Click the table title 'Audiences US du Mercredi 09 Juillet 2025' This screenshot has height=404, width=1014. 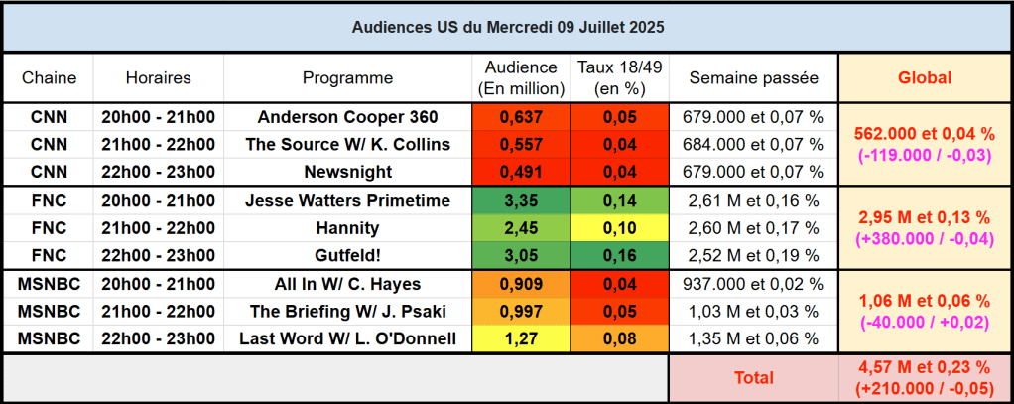tap(508, 27)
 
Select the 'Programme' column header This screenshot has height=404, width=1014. tap(347, 77)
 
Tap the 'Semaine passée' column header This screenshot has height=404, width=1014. tap(753, 77)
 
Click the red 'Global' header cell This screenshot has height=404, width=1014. tap(924, 77)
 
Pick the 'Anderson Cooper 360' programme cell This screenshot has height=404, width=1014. tap(347, 116)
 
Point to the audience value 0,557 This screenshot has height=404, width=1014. tap(521, 144)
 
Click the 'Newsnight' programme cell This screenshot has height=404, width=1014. tap(347, 172)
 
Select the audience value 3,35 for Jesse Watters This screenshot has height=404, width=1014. tap(521, 201)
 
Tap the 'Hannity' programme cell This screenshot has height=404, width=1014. tap(347, 228)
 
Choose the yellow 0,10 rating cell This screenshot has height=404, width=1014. tap(620, 228)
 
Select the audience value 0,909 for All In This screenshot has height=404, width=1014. tap(521, 284)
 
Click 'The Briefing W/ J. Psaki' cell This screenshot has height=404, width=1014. tap(347, 312)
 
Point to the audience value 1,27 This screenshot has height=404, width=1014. tap(521, 339)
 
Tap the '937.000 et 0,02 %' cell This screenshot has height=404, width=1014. tap(753, 284)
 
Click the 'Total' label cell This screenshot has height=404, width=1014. tap(753, 378)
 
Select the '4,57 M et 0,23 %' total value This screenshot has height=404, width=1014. tap(924, 368)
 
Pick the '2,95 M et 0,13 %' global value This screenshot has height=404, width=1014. tap(924, 217)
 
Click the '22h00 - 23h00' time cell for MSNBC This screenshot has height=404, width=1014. tap(159, 339)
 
